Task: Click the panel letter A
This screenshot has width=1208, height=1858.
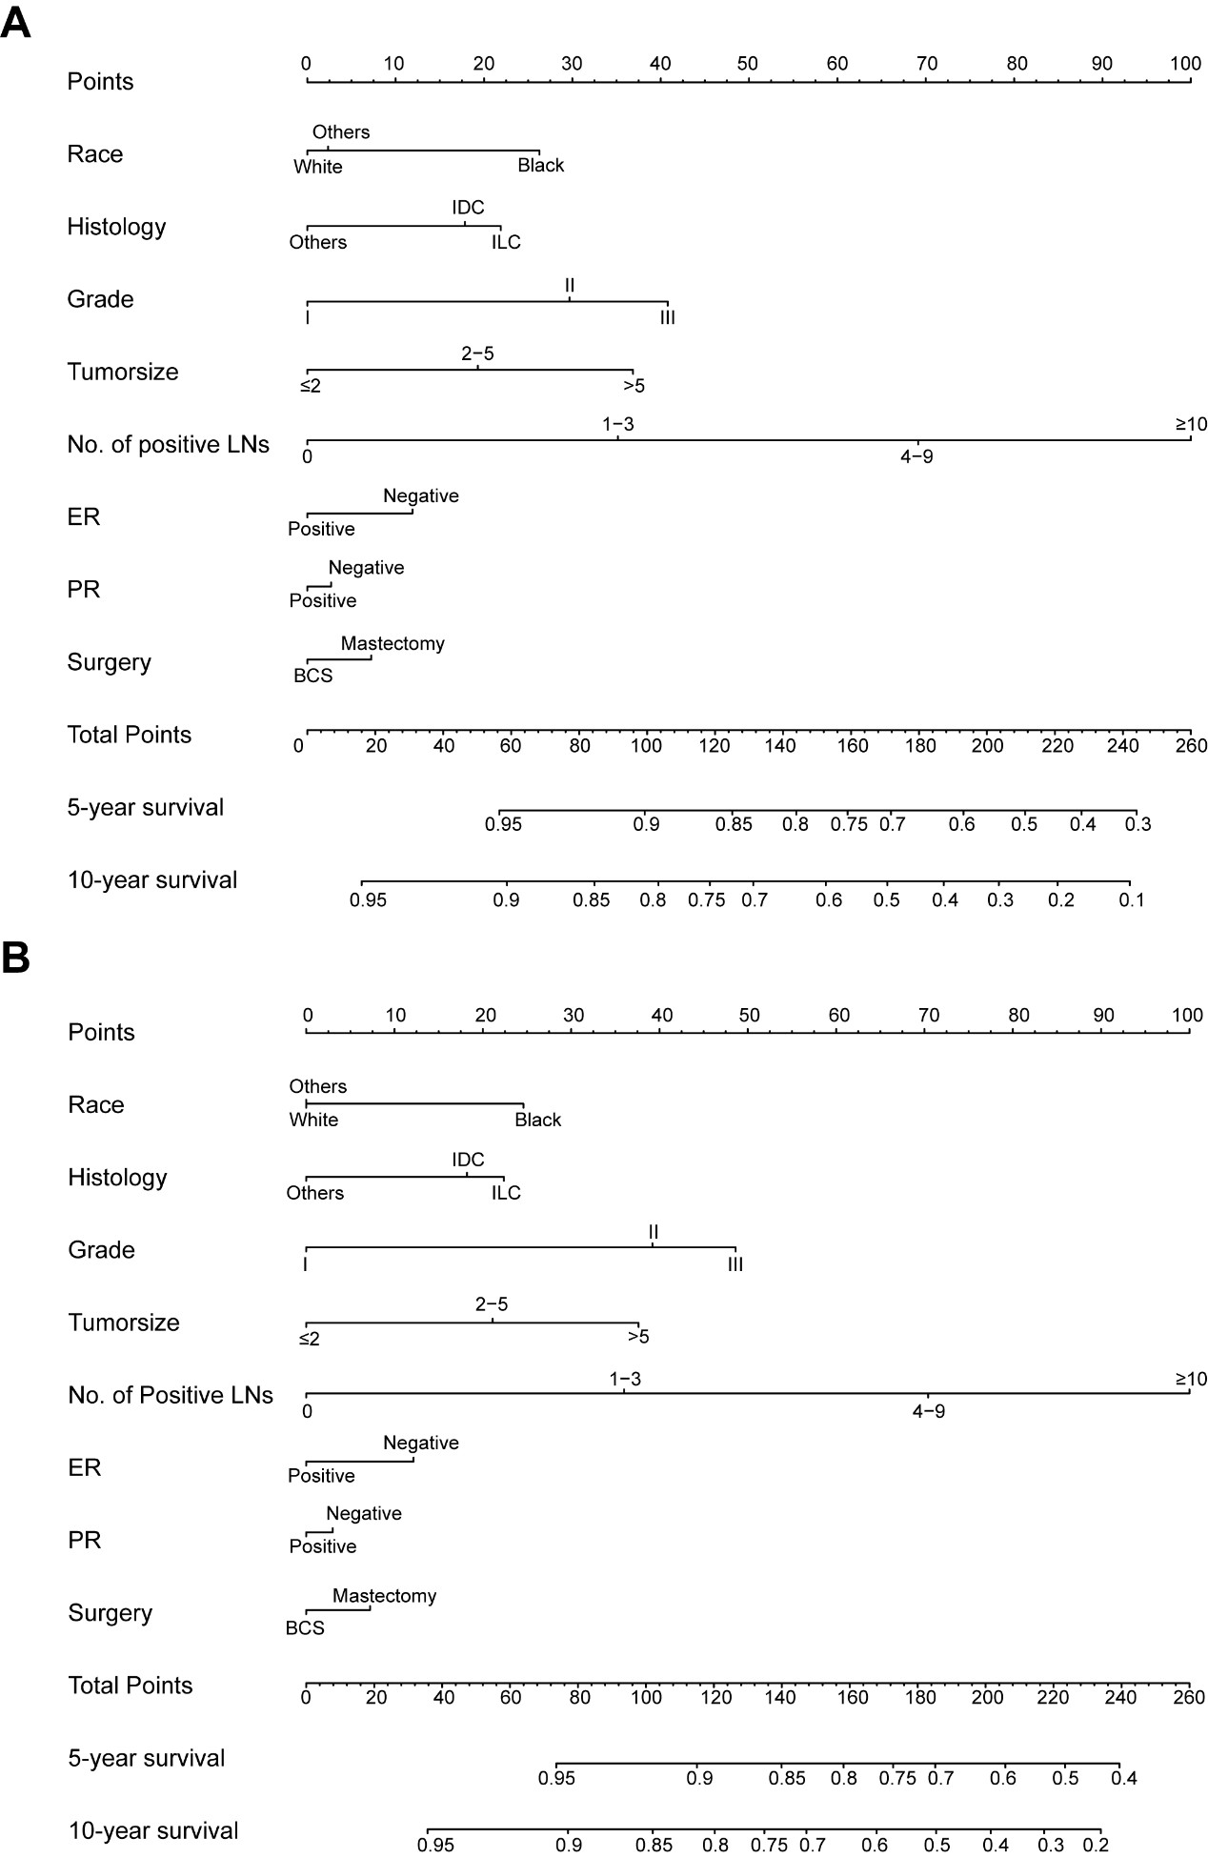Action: click(16, 23)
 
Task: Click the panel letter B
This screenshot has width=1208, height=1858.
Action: click(16, 959)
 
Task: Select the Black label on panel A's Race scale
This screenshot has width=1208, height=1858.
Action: click(540, 166)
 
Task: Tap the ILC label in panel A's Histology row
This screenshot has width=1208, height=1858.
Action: click(506, 242)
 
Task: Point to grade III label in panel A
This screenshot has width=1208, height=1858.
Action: click(668, 317)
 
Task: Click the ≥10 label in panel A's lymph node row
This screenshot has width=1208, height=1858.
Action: click(1191, 424)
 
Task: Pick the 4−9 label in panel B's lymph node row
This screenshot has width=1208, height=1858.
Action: click(929, 1411)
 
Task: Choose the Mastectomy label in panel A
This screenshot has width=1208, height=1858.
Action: click(393, 644)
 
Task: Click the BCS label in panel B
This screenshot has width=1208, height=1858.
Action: click(305, 1627)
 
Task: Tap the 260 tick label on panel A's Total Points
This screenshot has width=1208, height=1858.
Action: click(1190, 745)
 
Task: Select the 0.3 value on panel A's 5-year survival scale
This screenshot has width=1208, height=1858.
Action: click(1138, 824)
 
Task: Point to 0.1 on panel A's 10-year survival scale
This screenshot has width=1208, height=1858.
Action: click(1131, 899)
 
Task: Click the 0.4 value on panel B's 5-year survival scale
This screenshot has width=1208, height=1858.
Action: click(1124, 1777)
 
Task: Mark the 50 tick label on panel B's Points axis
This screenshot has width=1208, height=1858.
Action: click(750, 1016)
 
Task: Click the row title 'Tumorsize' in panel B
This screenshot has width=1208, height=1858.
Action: click(124, 1323)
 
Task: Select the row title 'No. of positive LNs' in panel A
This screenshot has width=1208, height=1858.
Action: click(168, 444)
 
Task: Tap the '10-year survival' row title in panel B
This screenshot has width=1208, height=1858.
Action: click(153, 1830)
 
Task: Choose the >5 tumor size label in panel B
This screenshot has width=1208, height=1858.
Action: click(638, 1337)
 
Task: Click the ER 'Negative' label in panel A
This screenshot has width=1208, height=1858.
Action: click(421, 495)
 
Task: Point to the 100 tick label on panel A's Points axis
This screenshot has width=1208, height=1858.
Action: click(1185, 64)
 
